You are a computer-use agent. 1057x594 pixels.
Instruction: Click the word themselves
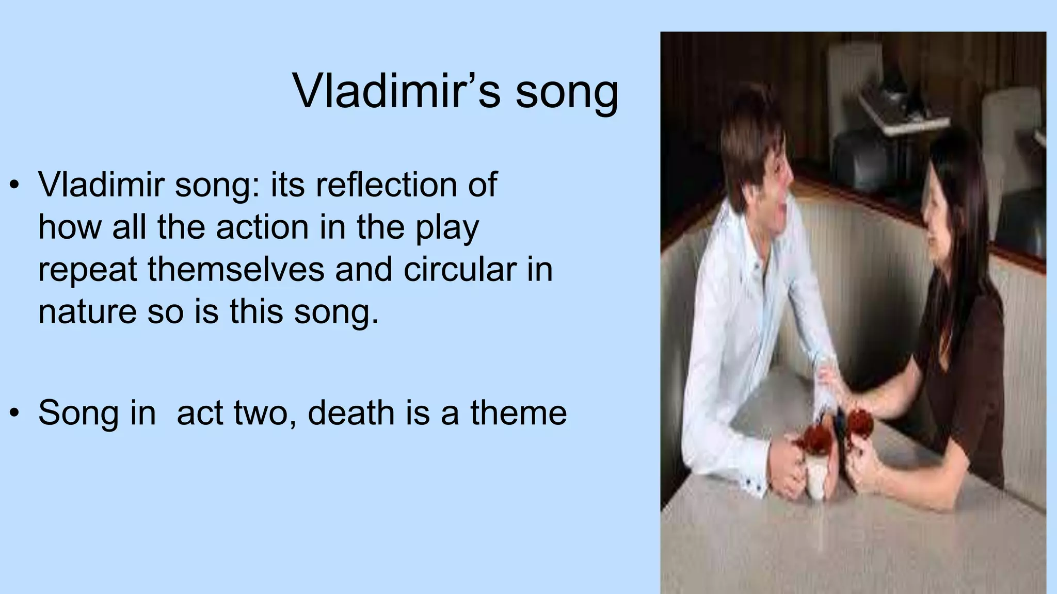click(237, 269)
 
